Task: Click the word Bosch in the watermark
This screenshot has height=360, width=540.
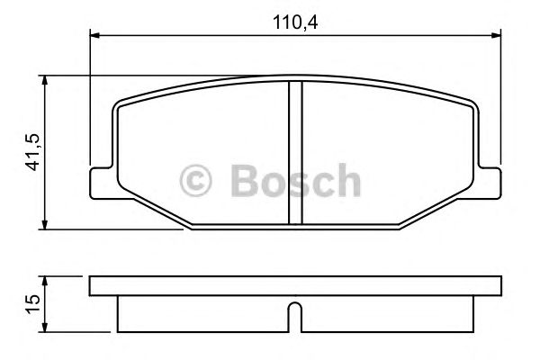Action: [295, 181]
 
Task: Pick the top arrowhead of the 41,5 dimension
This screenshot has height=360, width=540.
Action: [46, 80]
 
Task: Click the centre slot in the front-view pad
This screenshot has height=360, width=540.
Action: [294, 153]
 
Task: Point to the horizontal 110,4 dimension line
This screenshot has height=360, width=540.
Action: [225, 35]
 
